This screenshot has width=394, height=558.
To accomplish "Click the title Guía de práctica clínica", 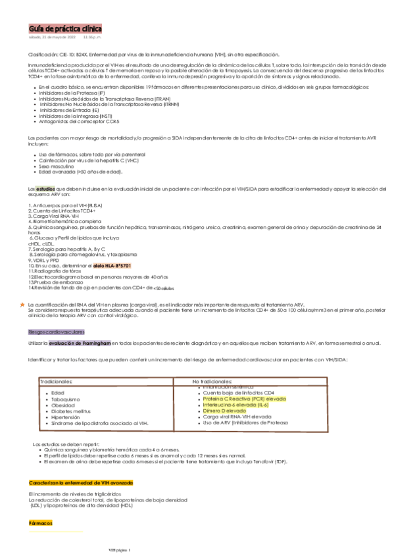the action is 64,30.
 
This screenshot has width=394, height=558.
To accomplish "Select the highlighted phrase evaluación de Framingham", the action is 80,343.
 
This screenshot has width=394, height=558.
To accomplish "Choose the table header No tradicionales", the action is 213,381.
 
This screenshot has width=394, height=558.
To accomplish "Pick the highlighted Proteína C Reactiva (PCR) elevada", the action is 245,399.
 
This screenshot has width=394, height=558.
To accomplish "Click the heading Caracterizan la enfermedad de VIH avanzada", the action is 81,484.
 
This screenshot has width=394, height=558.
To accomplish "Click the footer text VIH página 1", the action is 120,550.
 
